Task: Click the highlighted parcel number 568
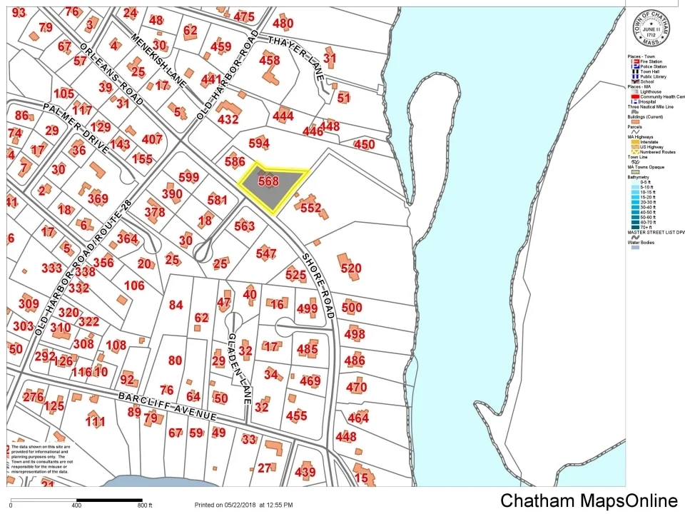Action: click(x=268, y=181)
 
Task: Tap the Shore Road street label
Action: click(x=318, y=284)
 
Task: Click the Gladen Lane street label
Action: click(x=238, y=368)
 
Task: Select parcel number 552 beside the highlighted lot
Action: click(x=311, y=208)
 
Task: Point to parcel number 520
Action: click(x=351, y=268)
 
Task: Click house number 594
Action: click(x=259, y=144)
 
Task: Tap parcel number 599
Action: click(x=189, y=177)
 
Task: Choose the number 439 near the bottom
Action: click(x=305, y=472)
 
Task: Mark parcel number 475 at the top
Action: click(x=244, y=17)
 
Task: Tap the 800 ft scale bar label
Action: click(x=145, y=505)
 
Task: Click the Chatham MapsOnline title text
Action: click(x=589, y=500)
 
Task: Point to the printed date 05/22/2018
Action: click(x=243, y=505)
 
